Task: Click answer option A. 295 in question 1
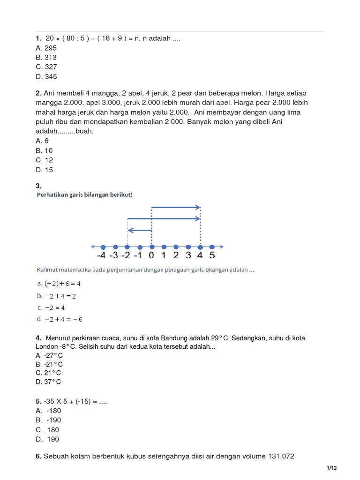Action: (46, 48)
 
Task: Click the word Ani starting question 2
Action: (50, 93)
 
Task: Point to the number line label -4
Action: (101, 256)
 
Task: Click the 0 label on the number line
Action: (151, 256)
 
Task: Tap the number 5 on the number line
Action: (212, 256)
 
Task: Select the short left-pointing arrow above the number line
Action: (140, 230)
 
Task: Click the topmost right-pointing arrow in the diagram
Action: (176, 207)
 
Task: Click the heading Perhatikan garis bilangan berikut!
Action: (84, 195)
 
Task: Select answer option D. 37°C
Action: (48, 382)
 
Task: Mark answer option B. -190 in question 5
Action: (48, 420)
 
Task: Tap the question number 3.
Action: (39, 186)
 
